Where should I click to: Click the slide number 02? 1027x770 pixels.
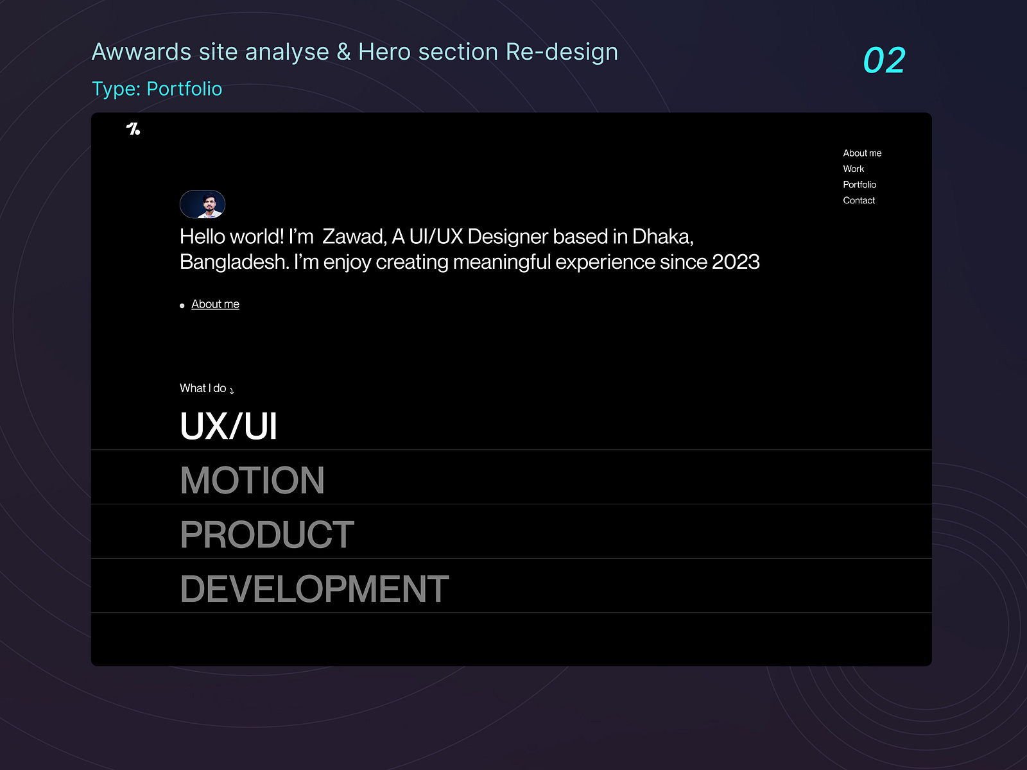pyautogui.click(x=884, y=60)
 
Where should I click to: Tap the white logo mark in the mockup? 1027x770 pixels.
pyautogui.click(x=133, y=128)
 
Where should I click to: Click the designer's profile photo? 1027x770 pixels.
pyautogui.click(x=203, y=204)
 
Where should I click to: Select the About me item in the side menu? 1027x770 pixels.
pyautogui.click(x=862, y=153)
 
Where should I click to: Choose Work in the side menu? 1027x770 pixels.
pyautogui.click(x=854, y=169)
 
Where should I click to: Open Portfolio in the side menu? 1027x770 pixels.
pyautogui.click(x=859, y=185)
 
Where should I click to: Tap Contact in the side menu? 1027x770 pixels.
pyautogui.click(x=859, y=201)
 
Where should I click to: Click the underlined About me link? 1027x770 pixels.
pyautogui.click(x=215, y=304)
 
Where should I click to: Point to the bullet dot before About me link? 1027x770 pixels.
pyautogui.click(x=182, y=306)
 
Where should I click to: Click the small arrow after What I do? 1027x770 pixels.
pyautogui.click(x=232, y=391)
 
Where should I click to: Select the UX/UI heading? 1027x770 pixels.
pyautogui.click(x=229, y=426)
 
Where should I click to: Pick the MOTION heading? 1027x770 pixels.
pyautogui.click(x=252, y=480)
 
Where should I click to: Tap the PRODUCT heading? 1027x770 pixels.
pyautogui.click(x=267, y=535)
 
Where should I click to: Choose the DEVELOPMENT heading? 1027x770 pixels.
pyautogui.click(x=315, y=588)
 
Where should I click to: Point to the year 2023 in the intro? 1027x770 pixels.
pyautogui.click(x=736, y=262)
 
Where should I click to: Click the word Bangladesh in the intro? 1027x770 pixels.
pyautogui.click(x=234, y=262)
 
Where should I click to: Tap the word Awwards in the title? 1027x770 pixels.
pyautogui.click(x=141, y=52)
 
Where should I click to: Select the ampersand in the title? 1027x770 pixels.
pyautogui.click(x=344, y=52)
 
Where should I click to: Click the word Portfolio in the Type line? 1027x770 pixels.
pyautogui.click(x=184, y=89)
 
